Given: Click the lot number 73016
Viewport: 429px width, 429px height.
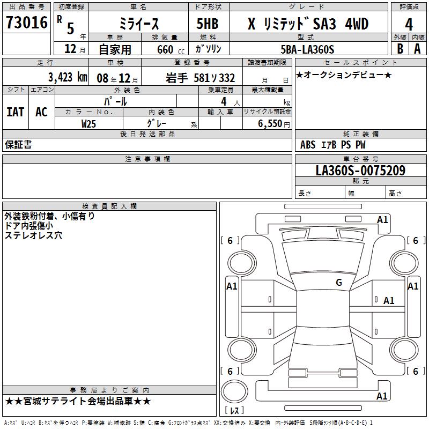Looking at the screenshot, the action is [x=27, y=23].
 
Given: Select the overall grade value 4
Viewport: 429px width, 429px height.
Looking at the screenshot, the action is [x=409, y=25].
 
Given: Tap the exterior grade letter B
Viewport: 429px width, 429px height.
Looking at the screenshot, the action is [x=400, y=49].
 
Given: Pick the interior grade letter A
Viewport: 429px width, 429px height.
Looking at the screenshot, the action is [x=417, y=49].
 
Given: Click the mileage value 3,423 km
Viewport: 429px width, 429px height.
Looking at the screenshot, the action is [x=68, y=77].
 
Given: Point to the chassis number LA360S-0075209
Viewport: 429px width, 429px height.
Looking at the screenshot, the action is [x=360, y=171].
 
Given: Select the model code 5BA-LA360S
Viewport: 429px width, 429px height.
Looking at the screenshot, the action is [x=307, y=49].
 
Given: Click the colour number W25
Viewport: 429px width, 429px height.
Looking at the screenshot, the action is [x=88, y=124].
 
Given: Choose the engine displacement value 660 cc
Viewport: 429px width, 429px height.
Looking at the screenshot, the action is [x=171, y=50].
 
